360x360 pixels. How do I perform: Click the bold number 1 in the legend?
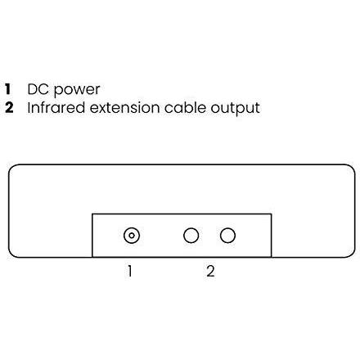pos(8,89)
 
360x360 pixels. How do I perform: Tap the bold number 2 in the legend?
pos(9,107)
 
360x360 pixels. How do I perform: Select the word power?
pos(77,90)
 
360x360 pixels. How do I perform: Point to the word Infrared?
pos(56,107)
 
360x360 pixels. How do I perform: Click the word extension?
pos(124,108)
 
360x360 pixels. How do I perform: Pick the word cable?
pos(185,107)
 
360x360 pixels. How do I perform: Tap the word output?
pos(235,109)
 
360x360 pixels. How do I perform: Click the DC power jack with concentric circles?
pos(132,236)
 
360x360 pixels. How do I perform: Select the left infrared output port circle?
pos(191,236)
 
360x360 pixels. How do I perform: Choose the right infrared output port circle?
pos(227,236)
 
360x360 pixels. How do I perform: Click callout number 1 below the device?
pos(130,271)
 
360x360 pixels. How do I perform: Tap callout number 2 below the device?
pos(210,271)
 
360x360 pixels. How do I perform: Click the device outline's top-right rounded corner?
pos(352,168)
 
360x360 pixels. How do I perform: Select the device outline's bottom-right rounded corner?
pos(352,254)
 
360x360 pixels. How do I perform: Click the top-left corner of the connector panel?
pos(92,214)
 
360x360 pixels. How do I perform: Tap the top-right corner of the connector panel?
pos(271,214)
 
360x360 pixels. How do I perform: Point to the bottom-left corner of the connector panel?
pos(92,257)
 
